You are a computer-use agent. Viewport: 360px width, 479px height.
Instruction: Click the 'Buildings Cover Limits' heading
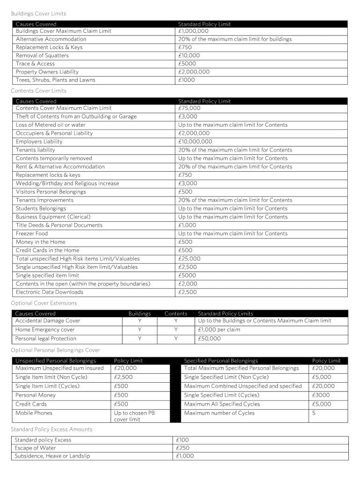(x=38, y=14)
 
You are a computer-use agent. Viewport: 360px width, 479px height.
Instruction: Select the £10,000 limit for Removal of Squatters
(x=189, y=56)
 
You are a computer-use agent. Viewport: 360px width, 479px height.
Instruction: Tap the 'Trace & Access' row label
(x=35, y=64)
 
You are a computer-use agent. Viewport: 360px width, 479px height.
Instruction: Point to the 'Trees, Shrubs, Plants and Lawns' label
(x=55, y=80)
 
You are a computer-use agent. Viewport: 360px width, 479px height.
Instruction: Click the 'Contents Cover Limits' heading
(x=38, y=91)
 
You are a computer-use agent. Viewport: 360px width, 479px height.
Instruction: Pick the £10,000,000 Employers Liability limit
(x=195, y=142)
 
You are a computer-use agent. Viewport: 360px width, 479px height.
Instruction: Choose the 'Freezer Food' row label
(x=32, y=233)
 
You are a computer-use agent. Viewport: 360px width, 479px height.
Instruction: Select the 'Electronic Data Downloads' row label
(x=50, y=292)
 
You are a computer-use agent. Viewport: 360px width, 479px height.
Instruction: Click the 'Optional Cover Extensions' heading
(x=44, y=303)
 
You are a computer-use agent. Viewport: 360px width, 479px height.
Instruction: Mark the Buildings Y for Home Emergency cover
(x=139, y=330)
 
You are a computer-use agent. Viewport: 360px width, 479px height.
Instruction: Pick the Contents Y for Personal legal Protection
(x=176, y=339)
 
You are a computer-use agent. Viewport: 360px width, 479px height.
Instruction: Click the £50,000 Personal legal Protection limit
(x=209, y=339)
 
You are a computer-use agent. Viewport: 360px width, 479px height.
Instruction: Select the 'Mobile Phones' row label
(x=34, y=413)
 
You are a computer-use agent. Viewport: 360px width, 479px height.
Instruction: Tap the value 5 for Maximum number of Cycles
(x=314, y=413)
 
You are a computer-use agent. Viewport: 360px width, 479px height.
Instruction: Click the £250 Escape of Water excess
(x=182, y=448)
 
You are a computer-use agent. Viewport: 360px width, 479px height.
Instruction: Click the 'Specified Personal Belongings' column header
(x=221, y=361)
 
